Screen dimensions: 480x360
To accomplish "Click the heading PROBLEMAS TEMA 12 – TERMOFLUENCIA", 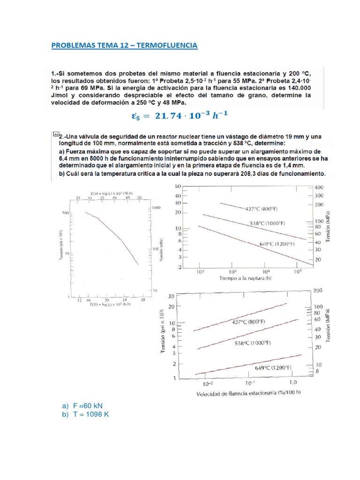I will [x=124, y=45].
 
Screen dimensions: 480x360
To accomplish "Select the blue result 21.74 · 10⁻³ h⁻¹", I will [x=180, y=115].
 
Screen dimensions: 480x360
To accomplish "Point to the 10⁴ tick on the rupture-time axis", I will [x=266, y=271].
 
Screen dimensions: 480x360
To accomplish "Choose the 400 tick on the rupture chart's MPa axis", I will [x=319, y=187].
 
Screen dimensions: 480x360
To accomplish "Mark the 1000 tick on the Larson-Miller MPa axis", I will [x=156, y=207].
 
